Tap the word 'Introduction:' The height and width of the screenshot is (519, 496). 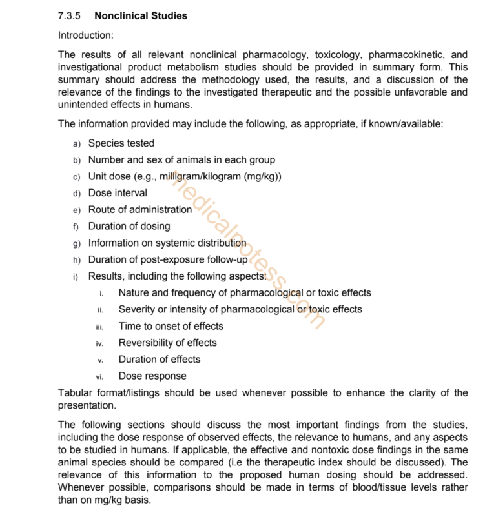(86, 35)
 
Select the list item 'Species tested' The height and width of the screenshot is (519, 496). (121, 143)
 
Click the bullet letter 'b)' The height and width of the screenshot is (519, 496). (76, 160)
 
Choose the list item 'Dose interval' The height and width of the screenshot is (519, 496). (118, 193)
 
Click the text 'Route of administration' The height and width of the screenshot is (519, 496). (140, 209)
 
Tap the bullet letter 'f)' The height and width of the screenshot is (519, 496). (76, 227)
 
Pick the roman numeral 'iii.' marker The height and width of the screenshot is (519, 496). (100, 327)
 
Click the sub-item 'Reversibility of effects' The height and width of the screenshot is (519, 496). (167, 343)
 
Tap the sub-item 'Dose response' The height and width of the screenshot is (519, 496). (152, 376)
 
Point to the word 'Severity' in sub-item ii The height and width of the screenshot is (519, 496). (137, 309)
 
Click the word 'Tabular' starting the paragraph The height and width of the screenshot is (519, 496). (76, 393)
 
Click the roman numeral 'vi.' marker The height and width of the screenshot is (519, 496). (100, 377)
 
